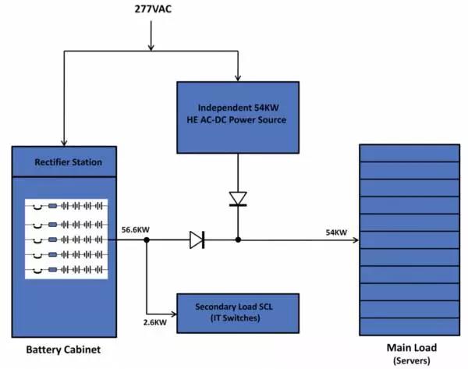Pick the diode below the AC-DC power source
coord(237,198)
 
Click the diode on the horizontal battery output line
coord(197,240)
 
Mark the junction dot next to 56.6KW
coord(147,240)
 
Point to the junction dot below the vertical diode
coord(237,240)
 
